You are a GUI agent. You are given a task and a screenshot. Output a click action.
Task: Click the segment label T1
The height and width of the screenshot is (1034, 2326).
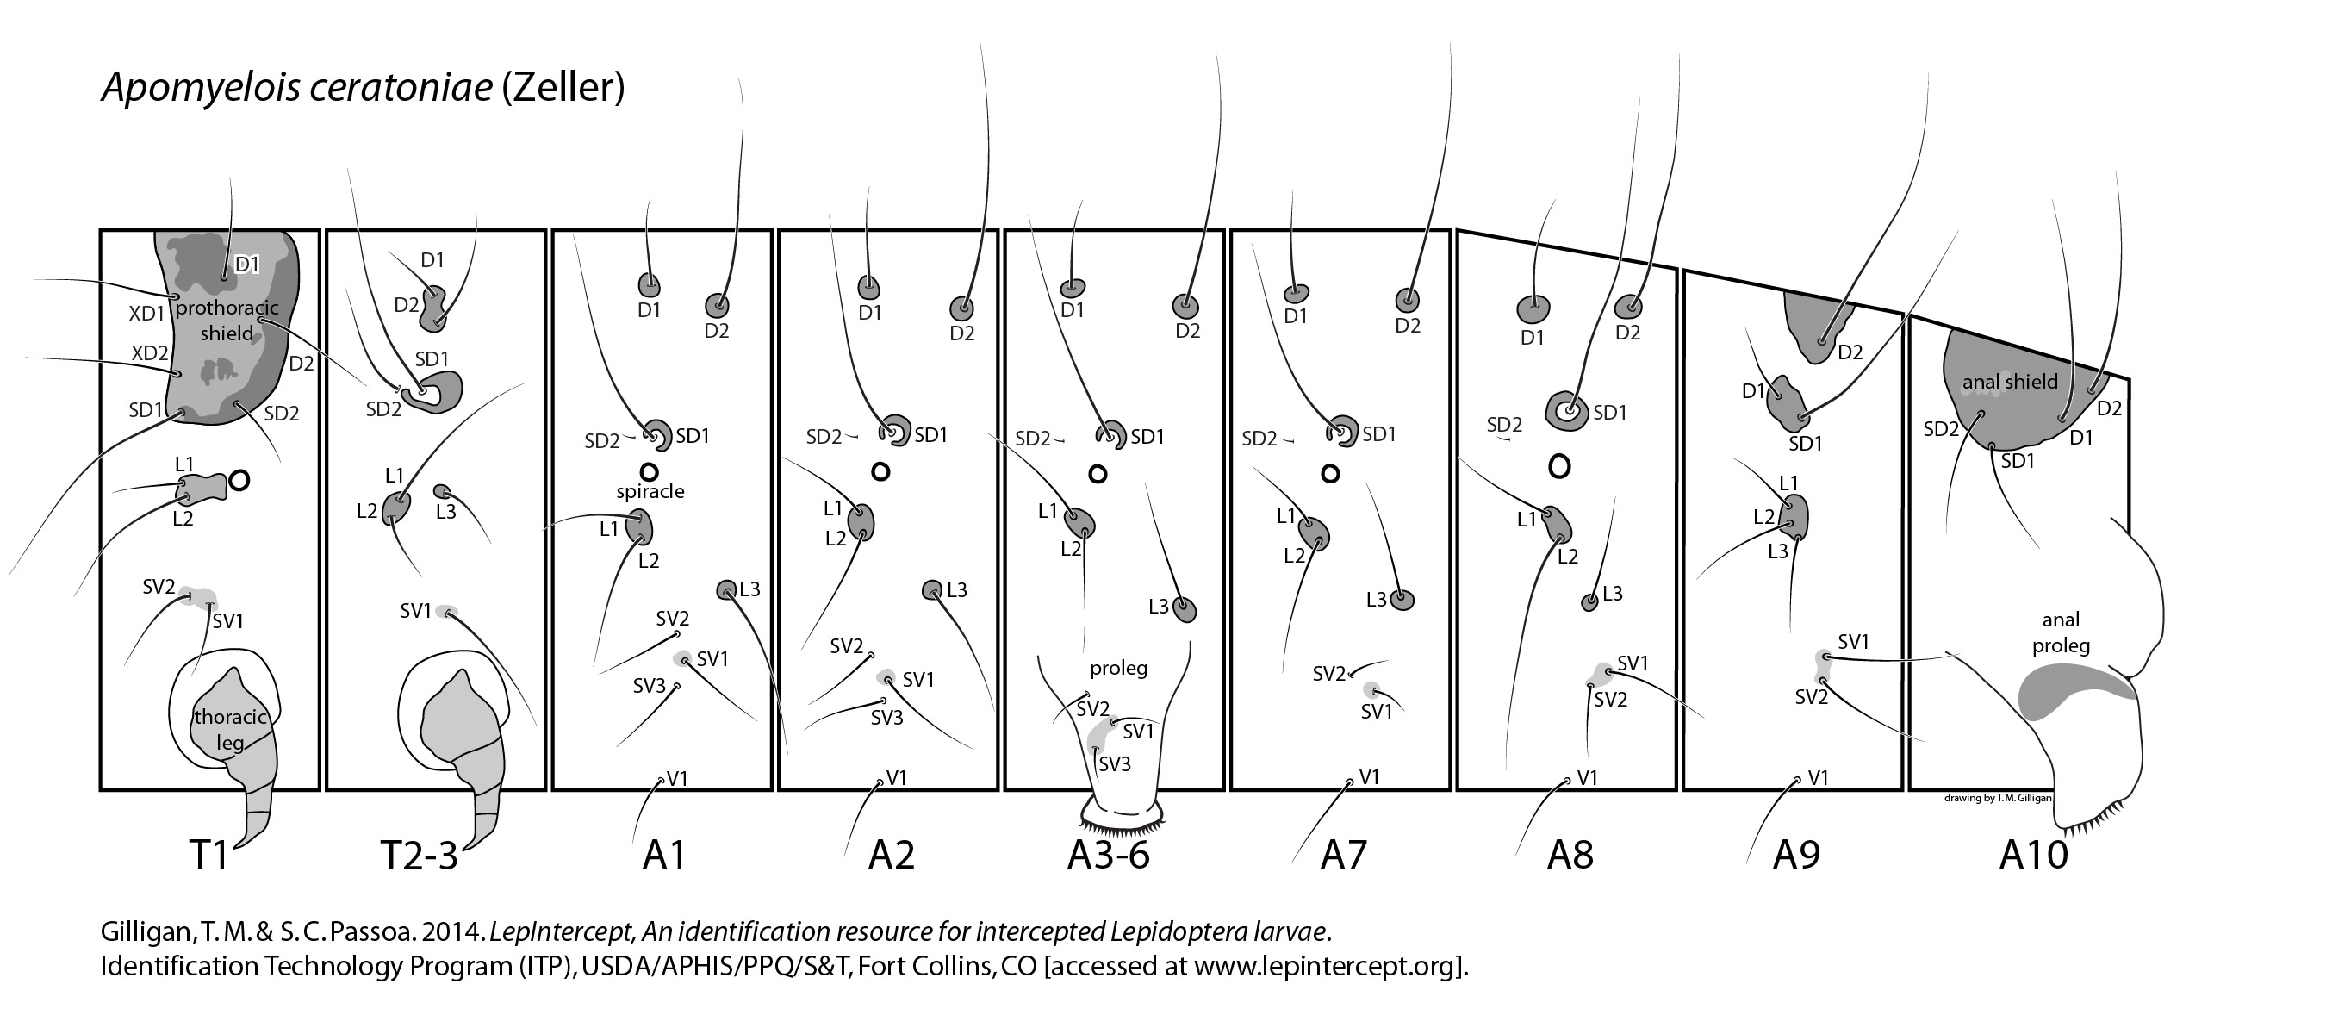(209, 853)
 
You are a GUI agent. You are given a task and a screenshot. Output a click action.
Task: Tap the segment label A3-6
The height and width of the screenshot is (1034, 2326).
(1108, 853)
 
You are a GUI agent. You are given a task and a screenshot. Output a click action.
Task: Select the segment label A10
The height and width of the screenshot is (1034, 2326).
(2033, 853)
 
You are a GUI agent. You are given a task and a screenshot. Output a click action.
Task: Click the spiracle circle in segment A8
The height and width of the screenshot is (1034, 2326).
(1559, 466)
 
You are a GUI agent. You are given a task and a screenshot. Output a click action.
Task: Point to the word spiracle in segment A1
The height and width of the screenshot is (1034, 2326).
(650, 491)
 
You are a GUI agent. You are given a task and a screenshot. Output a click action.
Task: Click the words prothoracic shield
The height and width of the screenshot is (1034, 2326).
(227, 321)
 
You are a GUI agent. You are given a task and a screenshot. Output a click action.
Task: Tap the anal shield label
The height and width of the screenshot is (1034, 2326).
(2010, 382)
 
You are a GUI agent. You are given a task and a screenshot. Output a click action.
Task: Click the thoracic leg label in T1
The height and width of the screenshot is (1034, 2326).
(230, 730)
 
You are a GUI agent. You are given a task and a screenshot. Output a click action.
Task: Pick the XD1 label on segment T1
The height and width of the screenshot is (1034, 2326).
(147, 313)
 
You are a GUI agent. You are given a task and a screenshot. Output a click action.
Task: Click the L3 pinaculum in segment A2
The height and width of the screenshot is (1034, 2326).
(933, 589)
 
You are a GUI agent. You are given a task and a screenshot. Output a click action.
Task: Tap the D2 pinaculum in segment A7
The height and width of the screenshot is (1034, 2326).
(1407, 299)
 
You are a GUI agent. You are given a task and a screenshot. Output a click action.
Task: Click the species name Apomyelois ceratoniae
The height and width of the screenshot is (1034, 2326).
(298, 88)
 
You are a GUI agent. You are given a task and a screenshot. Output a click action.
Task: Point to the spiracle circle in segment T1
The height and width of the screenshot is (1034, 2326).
(239, 481)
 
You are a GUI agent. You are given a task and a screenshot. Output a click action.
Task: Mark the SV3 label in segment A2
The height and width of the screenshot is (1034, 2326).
(886, 718)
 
